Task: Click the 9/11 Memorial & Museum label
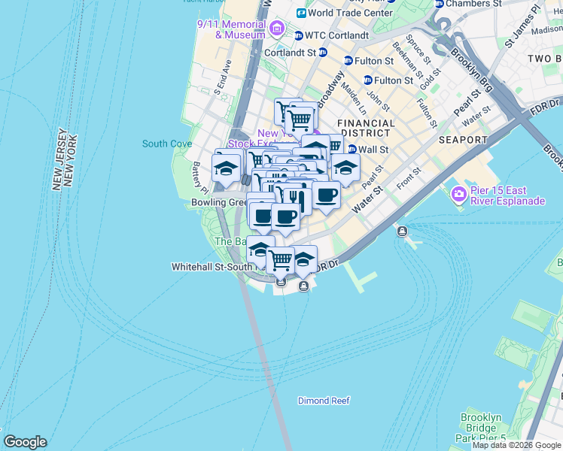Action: point(230,29)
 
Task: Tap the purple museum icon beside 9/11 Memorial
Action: point(277,29)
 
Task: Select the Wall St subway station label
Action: point(373,150)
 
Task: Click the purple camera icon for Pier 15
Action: point(458,195)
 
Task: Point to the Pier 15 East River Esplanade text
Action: point(508,195)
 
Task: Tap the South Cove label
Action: point(166,144)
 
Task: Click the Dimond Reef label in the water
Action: point(324,401)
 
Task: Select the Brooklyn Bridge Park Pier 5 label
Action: point(481,428)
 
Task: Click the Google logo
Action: point(25,442)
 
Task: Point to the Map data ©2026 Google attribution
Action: point(516,445)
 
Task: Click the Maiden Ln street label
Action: point(351,93)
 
